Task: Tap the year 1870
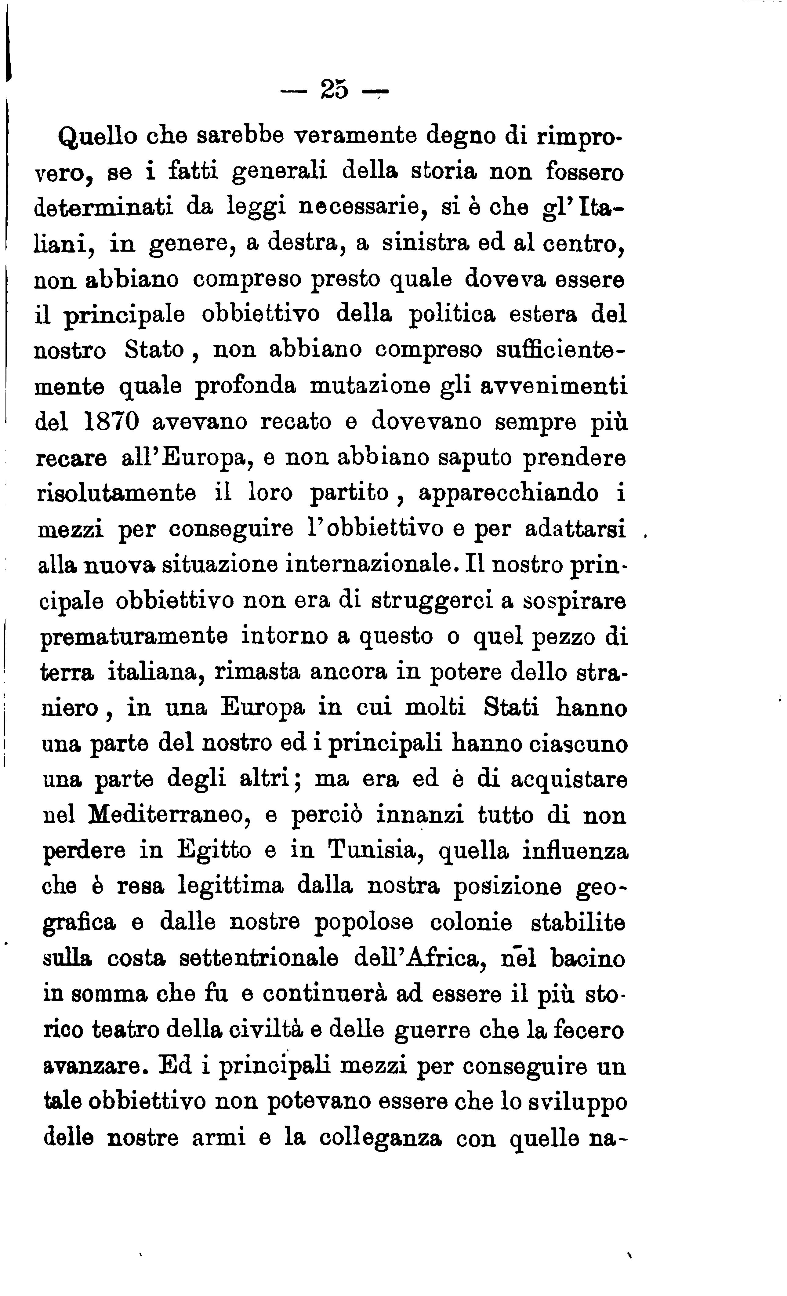click(x=111, y=422)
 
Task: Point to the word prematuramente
click(x=134, y=636)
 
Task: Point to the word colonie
click(x=470, y=923)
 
